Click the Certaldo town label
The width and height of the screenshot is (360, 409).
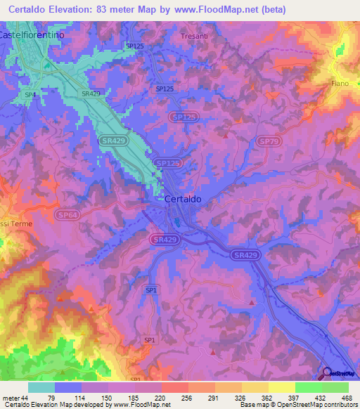pos(184,199)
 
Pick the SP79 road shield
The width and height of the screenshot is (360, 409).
pos(266,141)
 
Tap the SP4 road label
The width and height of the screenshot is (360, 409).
pos(30,94)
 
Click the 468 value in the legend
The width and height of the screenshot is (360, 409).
pos(345,397)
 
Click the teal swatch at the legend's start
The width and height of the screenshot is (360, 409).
pos(41,387)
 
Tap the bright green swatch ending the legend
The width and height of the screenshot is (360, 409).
pos(335,387)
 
